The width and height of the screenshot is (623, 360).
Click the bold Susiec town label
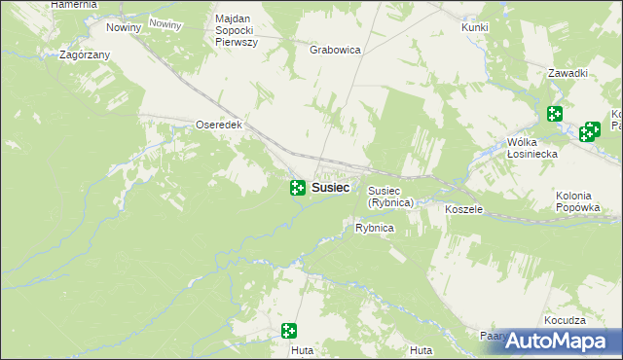pos(331,187)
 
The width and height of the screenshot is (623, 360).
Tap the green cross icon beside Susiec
pos(297,187)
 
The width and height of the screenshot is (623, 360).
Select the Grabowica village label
pos(336,49)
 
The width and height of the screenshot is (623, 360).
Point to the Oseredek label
pos(218,126)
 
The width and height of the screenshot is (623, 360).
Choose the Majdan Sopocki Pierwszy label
pos(236,32)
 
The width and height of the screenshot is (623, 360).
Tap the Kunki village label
pos(475,27)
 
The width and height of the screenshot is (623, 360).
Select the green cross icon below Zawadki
pos(555,114)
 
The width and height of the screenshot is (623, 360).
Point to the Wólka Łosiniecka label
pos(531,147)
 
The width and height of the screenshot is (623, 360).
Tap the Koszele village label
pos(463,209)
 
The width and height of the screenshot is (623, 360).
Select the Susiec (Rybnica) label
pos(391,197)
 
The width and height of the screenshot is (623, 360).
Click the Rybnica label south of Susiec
pos(374,228)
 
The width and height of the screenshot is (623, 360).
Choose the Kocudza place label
pos(566,320)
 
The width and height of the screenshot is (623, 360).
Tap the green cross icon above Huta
pos(288,331)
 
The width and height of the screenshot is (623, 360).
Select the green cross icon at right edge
pos(589,132)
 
